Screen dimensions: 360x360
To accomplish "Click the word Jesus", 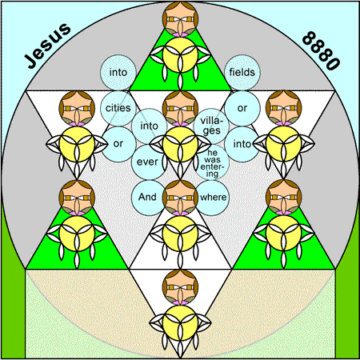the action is tap(48, 46).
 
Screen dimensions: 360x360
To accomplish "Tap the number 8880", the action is tap(321, 50).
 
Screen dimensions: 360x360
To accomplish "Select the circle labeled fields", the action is tap(242, 72).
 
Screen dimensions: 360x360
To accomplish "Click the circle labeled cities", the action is tap(118, 108).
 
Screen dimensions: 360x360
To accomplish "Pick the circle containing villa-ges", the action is tap(211, 126).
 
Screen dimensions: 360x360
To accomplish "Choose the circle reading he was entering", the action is tap(211, 162).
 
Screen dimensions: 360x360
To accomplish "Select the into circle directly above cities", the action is tap(118, 72).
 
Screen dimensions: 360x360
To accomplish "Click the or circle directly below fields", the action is tap(242, 108).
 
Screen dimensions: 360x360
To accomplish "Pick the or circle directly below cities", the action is tap(118, 144).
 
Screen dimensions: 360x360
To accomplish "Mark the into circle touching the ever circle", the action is tap(149, 126).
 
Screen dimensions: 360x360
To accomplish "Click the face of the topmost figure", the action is tap(180, 18).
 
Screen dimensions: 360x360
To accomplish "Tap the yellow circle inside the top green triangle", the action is tap(180, 54).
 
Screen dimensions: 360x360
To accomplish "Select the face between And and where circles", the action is tap(180, 198).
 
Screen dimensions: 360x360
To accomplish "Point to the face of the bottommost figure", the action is tap(180, 287).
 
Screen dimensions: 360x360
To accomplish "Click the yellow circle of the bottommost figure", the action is tap(180, 323).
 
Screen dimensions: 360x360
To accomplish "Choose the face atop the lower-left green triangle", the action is tap(77, 198).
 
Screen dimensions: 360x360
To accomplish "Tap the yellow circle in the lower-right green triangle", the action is tap(284, 234).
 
